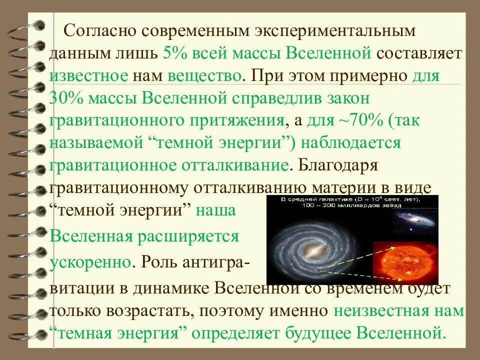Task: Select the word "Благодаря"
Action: pyautogui.click(x=340, y=165)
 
